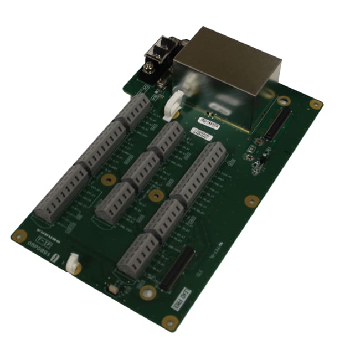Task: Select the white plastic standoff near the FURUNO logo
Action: (73, 263)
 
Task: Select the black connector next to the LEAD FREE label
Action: (177, 269)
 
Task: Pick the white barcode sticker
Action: (209, 123)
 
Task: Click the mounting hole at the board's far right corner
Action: (316, 104)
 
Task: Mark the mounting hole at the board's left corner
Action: (18, 235)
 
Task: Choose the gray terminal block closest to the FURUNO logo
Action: (61, 194)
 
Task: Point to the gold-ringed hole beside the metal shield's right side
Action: (284, 101)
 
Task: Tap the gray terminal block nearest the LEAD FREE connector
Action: (138, 254)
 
